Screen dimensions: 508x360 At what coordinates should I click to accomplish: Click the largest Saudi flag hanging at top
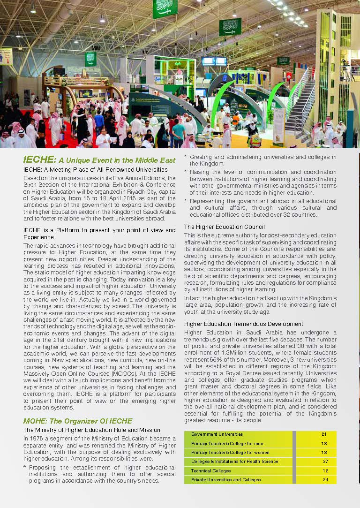165,8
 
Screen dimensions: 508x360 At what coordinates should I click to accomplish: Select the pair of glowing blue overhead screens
214,61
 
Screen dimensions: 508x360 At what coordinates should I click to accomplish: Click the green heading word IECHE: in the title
39,160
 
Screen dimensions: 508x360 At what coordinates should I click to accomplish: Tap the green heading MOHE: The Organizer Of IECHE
78,421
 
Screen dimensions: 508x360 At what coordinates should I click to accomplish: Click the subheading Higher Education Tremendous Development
243,324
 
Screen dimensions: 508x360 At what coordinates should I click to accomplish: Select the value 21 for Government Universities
324,434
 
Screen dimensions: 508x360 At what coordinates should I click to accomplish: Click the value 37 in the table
325,462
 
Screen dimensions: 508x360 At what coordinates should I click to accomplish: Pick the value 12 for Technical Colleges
325,470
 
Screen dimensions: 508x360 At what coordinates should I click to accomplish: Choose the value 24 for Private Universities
325,479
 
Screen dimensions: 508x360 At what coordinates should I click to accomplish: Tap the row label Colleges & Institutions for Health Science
234,462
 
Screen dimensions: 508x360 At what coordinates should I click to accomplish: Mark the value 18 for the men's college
324,443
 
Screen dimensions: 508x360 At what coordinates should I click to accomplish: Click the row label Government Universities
217,434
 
